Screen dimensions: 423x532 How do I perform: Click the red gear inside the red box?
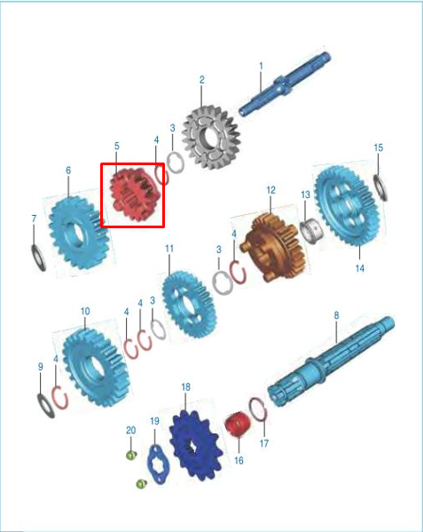coord(133,195)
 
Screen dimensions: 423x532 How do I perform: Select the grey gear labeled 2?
coord(211,138)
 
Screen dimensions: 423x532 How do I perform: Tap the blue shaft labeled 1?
coord(285,84)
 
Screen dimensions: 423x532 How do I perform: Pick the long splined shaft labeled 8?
coord(331,361)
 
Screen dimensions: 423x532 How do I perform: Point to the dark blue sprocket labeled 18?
coord(197,445)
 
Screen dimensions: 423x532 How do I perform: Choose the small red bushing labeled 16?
coord(238,425)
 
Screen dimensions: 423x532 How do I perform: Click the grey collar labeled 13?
coord(311,230)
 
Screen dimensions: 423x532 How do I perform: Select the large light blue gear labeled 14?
coord(347,205)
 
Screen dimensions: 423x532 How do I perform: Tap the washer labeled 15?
coord(380,187)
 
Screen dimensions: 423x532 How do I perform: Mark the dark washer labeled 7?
coord(38,258)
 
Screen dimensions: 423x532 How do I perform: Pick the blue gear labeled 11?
coord(189,304)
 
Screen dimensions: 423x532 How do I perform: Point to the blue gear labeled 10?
coord(96,367)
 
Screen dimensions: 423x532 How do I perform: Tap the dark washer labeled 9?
coord(46,406)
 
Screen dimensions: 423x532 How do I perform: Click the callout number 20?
coord(130,430)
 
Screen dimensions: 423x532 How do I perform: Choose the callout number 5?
coord(117,147)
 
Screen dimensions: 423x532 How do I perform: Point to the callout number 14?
coord(360,268)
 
